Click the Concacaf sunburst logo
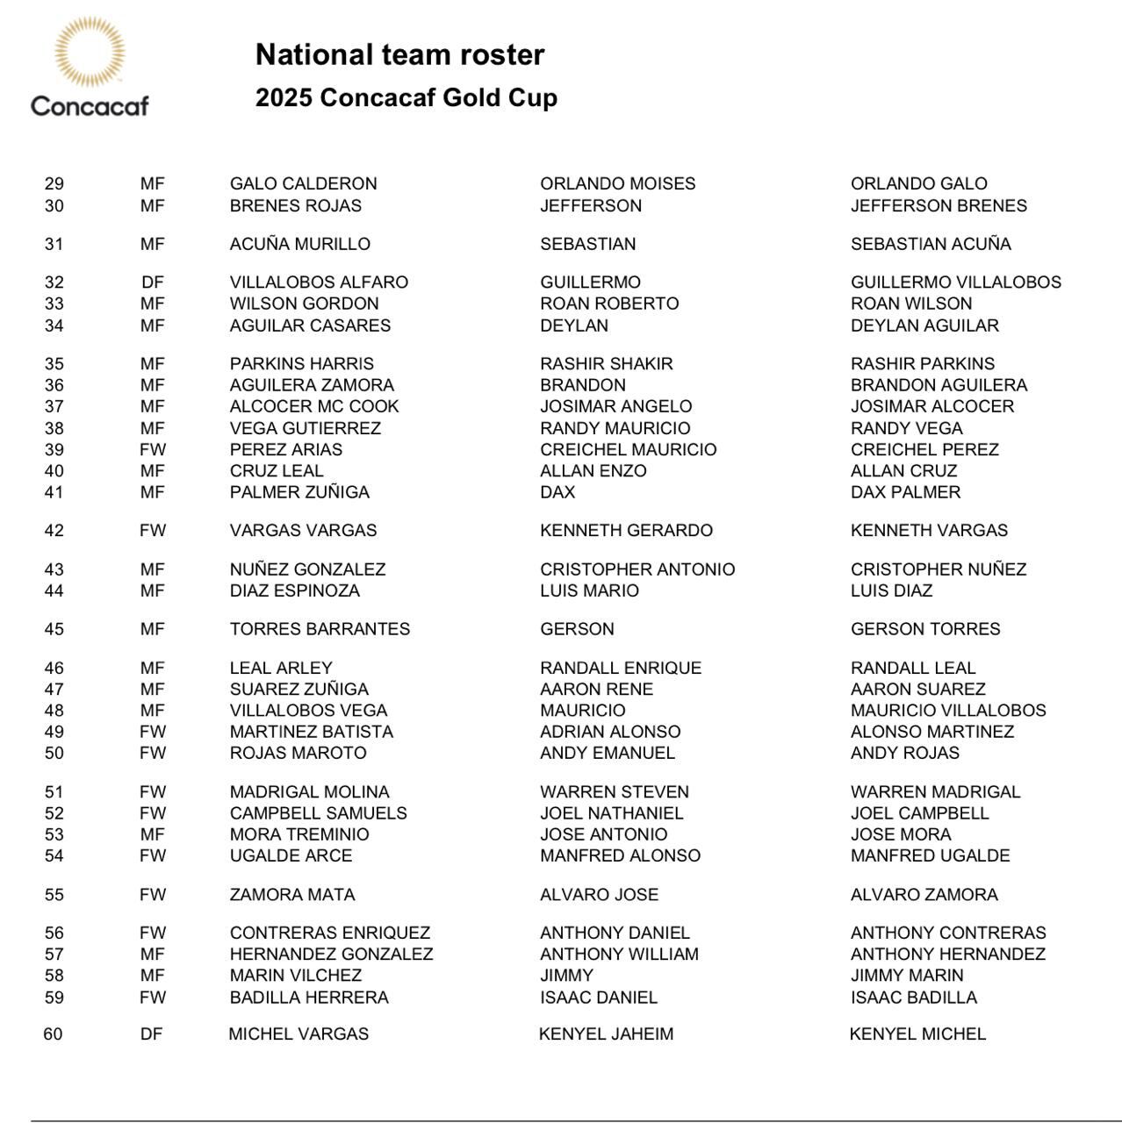pos(90,53)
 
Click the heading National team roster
pos(399,54)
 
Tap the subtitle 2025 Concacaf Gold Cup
pos(406,97)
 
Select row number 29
pos(54,184)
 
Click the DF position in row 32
pos(152,283)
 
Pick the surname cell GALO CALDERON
pos(303,184)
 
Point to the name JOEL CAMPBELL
pos(919,813)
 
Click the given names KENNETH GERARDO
pos(626,531)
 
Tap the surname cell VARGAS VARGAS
pos(303,531)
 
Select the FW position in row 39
pos(152,450)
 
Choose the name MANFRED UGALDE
pos(930,856)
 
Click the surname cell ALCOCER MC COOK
pos(314,407)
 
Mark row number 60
pos(53,1034)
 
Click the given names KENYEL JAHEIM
pos(606,1034)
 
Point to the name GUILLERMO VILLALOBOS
pos(955,283)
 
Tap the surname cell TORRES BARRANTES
pos(320,629)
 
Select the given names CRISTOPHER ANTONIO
pos(637,569)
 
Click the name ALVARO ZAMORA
pos(924,895)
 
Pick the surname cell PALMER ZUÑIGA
pos(299,492)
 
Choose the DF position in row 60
pos(151,1034)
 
